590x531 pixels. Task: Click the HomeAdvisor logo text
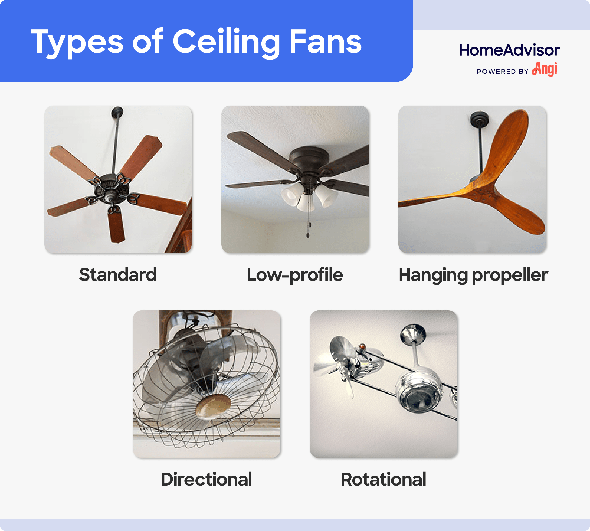click(509, 50)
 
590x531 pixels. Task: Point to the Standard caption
click(118, 275)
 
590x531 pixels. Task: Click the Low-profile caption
click(295, 275)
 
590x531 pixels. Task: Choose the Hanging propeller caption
click(473, 275)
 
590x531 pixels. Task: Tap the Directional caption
click(206, 479)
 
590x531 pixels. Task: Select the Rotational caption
click(383, 479)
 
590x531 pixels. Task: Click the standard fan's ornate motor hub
click(110, 189)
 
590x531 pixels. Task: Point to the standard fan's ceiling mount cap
click(117, 112)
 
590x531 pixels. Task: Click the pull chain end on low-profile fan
click(308, 235)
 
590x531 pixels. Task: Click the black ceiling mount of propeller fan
click(479, 119)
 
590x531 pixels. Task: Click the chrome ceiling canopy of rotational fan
click(413, 333)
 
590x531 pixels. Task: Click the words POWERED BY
click(502, 71)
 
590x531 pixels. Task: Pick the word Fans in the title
click(325, 42)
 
